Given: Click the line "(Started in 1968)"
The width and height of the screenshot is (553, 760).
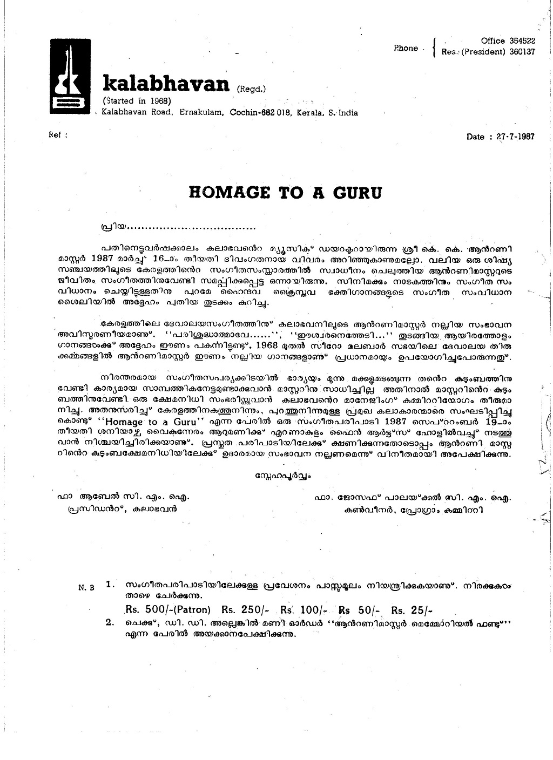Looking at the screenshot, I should pos(137,101).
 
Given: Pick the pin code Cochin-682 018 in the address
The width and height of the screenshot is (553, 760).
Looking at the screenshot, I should pos(261,113).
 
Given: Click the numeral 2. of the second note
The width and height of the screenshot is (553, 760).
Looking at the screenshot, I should pos(110,623).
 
